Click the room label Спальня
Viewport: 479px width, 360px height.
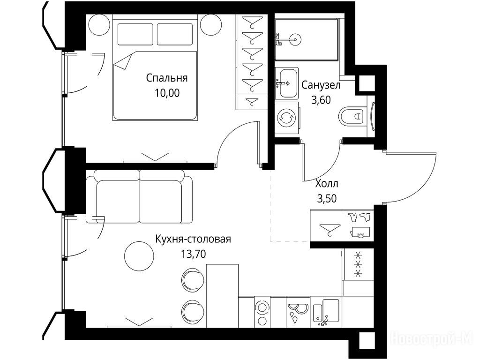tap(166, 78)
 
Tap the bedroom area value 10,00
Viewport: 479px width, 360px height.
tap(167, 93)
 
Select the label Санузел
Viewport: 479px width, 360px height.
tap(321, 85)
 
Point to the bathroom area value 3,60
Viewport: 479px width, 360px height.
tap(321, 100)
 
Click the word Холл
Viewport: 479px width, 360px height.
tap(327, 184)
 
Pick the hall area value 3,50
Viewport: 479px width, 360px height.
tap(327, 199)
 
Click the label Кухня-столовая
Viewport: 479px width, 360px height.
tap(193, 239)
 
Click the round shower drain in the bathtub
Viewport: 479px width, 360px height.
tap(295, 39)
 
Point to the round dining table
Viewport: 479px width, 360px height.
tap(139, 255)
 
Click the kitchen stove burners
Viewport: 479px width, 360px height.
tap(262, 312)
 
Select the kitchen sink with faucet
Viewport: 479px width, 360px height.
tap(327, 312)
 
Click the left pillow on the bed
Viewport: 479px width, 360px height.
tap(135, 34)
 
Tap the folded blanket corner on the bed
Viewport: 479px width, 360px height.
tap(123, 62)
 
